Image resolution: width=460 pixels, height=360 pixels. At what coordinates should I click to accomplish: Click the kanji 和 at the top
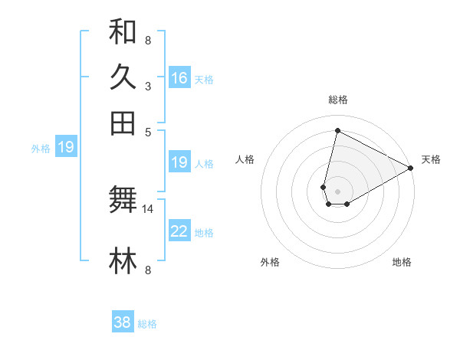(123, 32)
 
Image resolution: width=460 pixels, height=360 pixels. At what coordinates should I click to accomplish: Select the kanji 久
(123, 77)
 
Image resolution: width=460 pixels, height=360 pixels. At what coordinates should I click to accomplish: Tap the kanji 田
(123, 123)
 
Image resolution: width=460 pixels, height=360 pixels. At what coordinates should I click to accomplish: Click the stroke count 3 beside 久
(148, 87)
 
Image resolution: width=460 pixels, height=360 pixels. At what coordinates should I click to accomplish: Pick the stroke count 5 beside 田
(148, 132)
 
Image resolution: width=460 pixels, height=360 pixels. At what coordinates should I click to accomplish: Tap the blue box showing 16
(179, 78)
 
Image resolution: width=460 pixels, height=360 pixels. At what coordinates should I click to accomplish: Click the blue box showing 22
(179, 231)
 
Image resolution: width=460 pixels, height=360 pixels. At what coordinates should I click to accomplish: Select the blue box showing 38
(123, 322)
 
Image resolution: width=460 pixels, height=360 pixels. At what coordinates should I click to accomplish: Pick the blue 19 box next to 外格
(66, 147)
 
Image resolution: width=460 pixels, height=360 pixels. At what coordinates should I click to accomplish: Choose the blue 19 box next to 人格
(179, 162)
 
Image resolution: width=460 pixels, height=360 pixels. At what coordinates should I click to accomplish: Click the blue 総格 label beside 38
(147, 324)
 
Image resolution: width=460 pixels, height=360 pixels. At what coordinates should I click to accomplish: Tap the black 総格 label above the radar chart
(337, 100)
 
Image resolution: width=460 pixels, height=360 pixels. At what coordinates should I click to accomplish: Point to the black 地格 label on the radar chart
(402, 263)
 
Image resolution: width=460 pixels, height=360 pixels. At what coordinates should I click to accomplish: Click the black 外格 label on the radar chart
(270, 263)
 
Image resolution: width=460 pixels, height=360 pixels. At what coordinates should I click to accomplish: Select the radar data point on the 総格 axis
(337, 131)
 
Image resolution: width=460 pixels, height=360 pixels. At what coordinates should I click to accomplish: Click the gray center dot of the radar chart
(337, 191)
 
